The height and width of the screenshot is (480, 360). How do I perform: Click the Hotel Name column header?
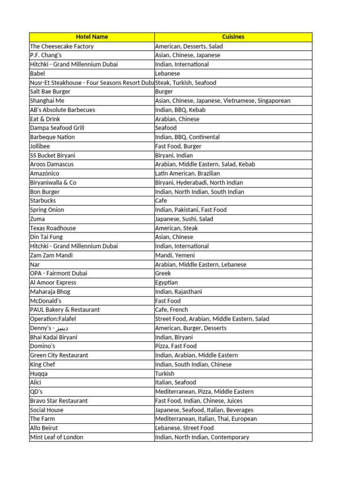(92, 37)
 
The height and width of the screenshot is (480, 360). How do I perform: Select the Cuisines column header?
(233, 37)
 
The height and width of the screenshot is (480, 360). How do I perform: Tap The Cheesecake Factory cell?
(62, 46)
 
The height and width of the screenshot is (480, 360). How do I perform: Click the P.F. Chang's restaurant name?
(46, 55)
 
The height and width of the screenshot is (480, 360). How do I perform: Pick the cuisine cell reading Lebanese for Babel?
(167, 73)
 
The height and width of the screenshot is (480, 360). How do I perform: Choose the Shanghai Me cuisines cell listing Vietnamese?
(223, 100)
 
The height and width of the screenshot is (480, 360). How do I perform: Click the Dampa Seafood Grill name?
(57, 127)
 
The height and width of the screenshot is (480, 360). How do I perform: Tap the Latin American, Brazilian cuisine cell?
(187, 173)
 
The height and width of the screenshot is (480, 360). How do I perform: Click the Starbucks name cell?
(43, 200)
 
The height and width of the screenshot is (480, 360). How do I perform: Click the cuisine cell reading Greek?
(163, 273)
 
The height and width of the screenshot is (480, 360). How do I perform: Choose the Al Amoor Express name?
(53, 282)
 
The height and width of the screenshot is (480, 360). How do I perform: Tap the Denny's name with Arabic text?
(49, 328)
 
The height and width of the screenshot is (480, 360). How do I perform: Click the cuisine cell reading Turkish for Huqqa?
(165, 373)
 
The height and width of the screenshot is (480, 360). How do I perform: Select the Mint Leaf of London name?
(57, 437)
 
